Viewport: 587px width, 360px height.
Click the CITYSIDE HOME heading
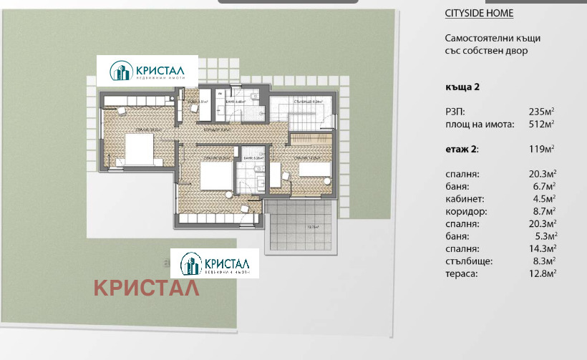click(x=479, y=14)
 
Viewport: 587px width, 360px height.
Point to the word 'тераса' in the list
click(x=460, y=273)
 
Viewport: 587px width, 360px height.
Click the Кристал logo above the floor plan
click(x=148, y=72)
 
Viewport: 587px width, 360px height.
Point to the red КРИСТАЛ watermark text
click(x=146, y=288)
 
